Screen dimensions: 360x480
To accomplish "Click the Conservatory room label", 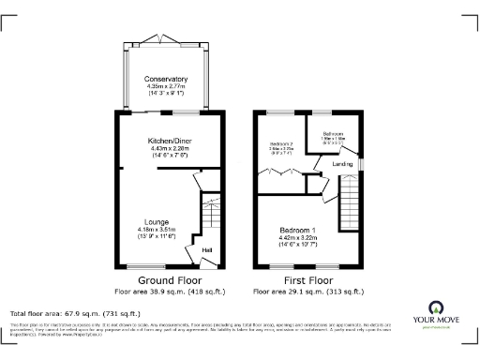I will tap(167, 79).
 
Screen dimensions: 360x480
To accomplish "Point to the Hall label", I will tap(208, 249).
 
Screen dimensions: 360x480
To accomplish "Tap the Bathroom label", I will tap(334, 134).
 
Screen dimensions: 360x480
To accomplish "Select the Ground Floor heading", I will tap(170, 280).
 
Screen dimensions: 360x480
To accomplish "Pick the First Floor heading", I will tap(307, 280).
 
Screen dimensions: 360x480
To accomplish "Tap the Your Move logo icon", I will tap(437, 307).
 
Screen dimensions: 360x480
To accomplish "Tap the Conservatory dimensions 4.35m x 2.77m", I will tap(167, 86).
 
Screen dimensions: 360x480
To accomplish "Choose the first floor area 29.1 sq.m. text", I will tap(307, 291).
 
